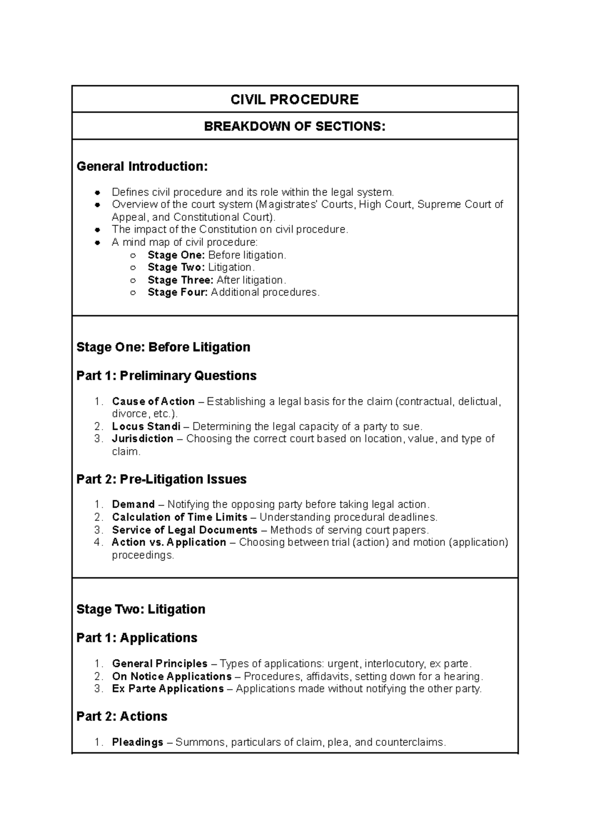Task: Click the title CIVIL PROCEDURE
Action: point(295,100)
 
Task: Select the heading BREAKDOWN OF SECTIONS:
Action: point(295,127)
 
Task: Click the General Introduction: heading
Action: point(142,167)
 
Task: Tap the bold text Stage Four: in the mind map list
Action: point(177,292)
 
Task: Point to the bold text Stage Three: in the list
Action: point(180,280)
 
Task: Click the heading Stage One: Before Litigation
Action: point(163,347)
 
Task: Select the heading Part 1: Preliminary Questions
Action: point(166,376)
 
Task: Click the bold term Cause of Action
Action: point(153,402)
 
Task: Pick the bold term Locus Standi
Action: point(146,426)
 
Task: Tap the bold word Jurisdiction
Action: point(142,439)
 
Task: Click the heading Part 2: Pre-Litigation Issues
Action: point(162,479)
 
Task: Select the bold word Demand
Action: point(133,505)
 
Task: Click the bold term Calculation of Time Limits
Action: point(179,517)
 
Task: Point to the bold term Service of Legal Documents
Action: point(185,530)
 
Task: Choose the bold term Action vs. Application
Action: point(169,542)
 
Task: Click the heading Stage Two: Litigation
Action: point(141,609)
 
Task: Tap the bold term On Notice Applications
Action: point(171,676)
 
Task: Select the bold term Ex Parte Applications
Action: point(167,689)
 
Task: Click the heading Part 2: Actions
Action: point(122,716)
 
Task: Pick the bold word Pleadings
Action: point(137,742)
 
